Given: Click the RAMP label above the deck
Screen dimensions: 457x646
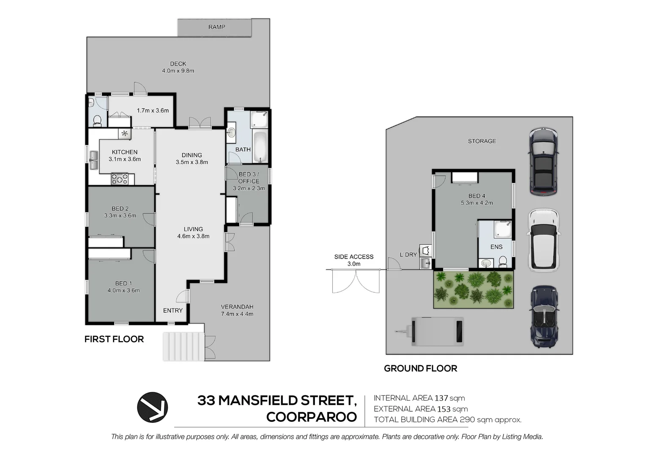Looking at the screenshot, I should pyautogui.click(x=216, y=27).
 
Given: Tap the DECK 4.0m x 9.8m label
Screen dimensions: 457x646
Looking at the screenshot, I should pyautogui.click(x=178, y=67).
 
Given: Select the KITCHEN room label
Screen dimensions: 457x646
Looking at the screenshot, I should pyautogui.click(x=125, y=152).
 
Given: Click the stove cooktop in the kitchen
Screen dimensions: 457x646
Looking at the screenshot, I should pyautogui.click(x=120, y=179).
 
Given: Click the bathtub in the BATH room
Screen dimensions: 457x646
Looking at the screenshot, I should pyautogui.click(x=260, y=147).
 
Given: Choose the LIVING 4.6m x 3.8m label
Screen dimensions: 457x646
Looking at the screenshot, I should pyautogui.click(x=193, y=232).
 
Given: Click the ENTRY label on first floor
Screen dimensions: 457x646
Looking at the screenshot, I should pyautogui.click(x=173, y=311).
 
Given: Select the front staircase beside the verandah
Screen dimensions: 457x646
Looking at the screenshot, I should pyautogui.click(x=183, y=346).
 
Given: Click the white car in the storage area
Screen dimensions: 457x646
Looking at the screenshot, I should pyautogui.click(x=543, y=240).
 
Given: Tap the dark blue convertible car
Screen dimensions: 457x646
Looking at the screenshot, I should pyautogui.click(x=545, y=316).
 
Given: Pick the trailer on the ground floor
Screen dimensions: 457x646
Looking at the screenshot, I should pyautogui.click(x=435, y=331).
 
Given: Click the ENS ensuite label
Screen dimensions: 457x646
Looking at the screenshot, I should pyautogui.click(x=496, y=247).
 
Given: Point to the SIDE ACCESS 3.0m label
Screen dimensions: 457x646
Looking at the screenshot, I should pyautogui.click(x=354, y=260).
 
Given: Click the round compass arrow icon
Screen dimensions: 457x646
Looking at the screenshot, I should pyautogui.click(x=153, y=407).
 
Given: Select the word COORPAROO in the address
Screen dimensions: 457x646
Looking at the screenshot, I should pyautogui.click(x=312, y=417).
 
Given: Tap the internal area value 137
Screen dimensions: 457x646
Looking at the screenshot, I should pyautogui.click(x=441, y=398).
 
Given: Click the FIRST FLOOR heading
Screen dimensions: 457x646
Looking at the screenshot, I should pyautogui.click(x=114, y=339).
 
